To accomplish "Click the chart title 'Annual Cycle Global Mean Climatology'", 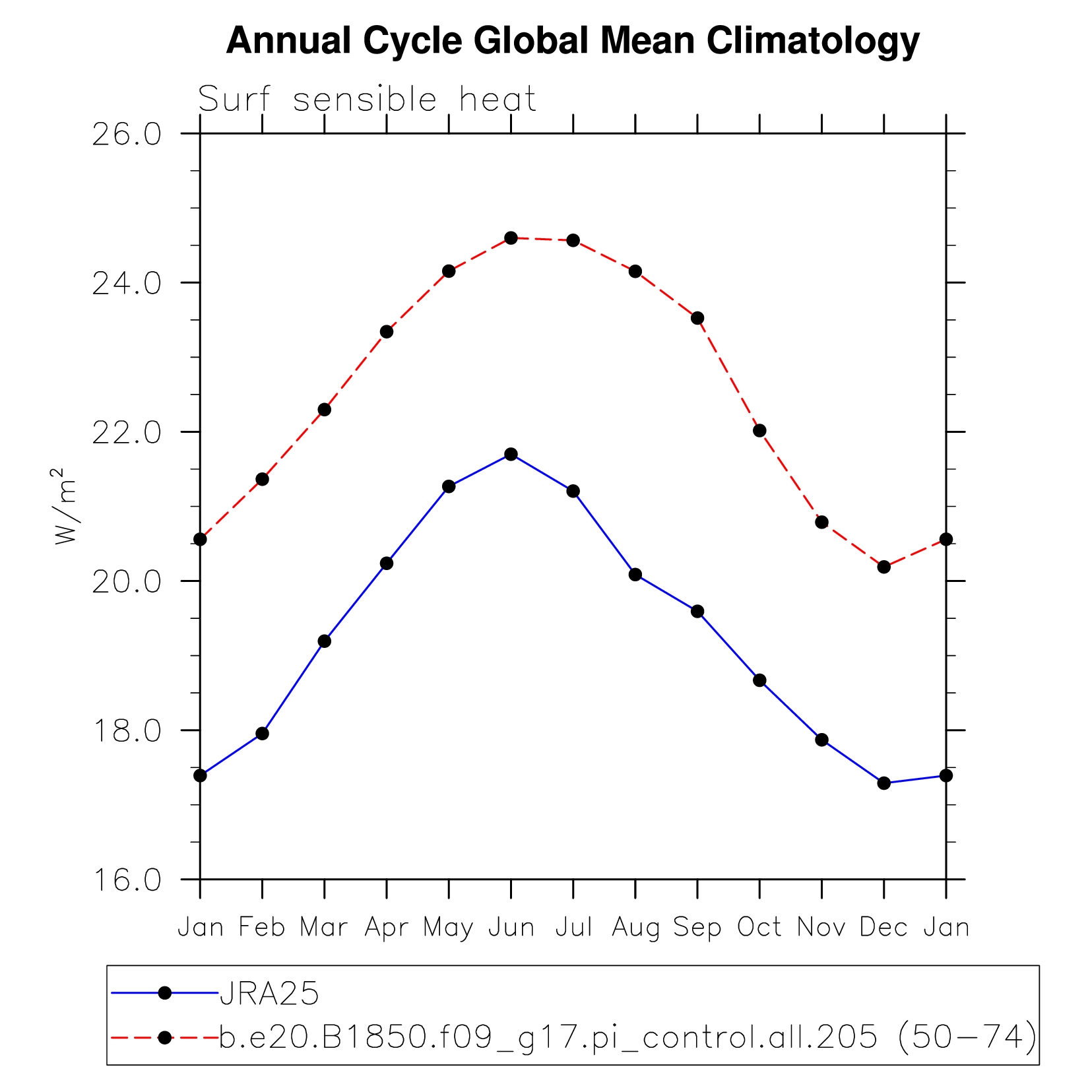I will click(572, 41).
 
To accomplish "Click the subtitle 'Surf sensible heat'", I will click(367, 100).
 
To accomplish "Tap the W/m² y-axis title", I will click(66, 506).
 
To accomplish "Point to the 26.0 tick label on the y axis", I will click(127, 134).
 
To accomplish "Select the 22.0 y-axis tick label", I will click(127, 432).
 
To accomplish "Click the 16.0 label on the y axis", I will click(127, 880).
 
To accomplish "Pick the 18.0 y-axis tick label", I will click(127, 730).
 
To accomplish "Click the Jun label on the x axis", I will click(511, 928).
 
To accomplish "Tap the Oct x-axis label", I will click(759, 928).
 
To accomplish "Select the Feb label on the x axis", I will click(262, 928).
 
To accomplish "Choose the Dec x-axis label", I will click(883, 928).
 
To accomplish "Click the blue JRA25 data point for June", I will click(511, 454).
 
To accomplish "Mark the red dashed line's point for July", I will click(573, 240).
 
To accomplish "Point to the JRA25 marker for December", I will click(884, 783).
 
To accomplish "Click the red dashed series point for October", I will click(759, 431).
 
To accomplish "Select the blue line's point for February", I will click(262, 734).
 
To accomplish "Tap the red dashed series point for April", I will click(387, 332).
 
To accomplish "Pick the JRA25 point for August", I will click(635, 575).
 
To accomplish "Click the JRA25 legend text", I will click(269, 994).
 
